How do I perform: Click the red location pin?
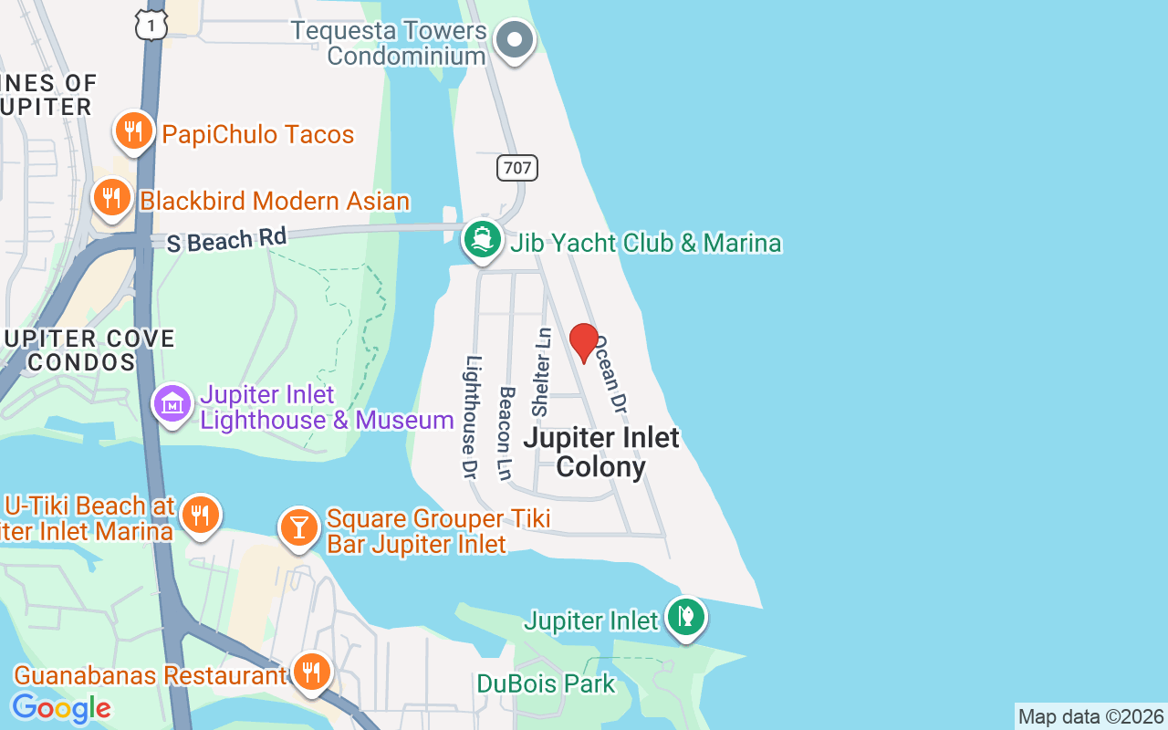[x=584, y=342]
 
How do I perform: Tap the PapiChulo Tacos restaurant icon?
[x=134, y=132]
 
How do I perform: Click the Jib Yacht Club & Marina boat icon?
[x=482, y=240]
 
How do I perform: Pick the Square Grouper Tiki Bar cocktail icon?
[x=297, y=527]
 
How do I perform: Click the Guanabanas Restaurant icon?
[x=312, y=673]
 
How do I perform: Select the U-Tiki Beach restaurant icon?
[x=199, y=516]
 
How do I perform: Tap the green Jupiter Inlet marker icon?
[x=685, y=618]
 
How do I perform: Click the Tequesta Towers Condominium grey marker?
[x=515, y=41]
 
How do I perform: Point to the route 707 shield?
[x=517, y=167]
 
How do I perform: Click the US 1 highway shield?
[x=151, y=25]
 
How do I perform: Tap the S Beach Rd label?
[x=227, y=240]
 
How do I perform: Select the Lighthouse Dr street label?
[x=472, y=416]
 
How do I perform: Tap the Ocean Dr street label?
[x=613, y=372]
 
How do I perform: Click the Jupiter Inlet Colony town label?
[x=601, y=452]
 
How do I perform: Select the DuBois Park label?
[x=546, y=683]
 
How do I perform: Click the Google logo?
[x=60, y=708]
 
